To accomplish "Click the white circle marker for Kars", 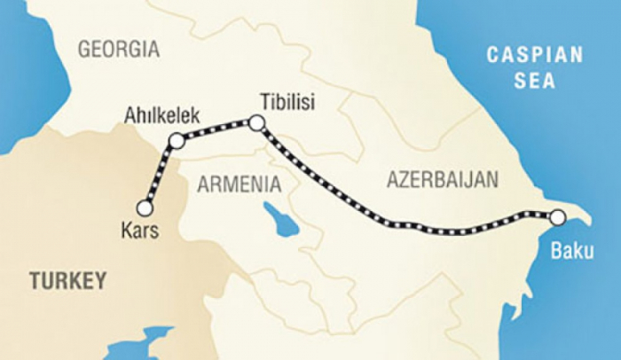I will (x=145, y=208).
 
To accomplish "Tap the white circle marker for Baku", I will (x=557, y=216).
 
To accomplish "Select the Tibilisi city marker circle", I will (x=255, y=123).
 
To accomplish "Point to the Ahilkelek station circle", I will (x=177, y=140).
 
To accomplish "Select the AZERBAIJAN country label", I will (x=443, y=180).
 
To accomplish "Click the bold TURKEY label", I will (x=67, y=281).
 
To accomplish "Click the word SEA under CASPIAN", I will (x=536, y=81).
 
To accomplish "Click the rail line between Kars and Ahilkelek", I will (x=160, y=175).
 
